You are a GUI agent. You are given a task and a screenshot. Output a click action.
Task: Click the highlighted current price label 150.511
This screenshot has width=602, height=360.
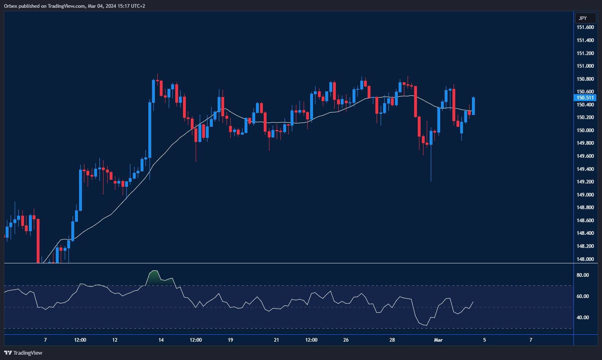(585, 98)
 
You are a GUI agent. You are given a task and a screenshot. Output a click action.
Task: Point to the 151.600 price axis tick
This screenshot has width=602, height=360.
(585, 27)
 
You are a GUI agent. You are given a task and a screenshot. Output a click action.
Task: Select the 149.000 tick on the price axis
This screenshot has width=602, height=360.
(585, 194)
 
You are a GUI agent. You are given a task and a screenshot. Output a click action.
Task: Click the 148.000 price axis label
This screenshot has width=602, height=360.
(585, 259)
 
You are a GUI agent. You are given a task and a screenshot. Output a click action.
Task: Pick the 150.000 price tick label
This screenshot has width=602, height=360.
(585, 130)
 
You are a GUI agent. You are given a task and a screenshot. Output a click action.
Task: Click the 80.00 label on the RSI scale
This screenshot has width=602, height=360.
(582, 275)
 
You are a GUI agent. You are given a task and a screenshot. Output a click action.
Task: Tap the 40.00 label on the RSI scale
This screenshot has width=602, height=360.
(582, 318)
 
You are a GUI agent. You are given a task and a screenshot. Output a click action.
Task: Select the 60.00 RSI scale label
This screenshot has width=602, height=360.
(582, 296)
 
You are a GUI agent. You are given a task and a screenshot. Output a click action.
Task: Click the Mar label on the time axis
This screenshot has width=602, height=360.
(438, 340)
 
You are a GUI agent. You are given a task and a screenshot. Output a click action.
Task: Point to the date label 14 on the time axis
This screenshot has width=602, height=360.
(161, 340)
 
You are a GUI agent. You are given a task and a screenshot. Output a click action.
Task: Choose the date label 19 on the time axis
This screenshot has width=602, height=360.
(230, 340)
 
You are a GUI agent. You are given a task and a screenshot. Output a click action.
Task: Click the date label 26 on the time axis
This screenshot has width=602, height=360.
(346, 340)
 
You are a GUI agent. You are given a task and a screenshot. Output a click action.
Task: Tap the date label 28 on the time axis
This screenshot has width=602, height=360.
(392, 340)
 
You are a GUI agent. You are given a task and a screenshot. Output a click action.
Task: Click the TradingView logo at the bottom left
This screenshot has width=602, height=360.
(23, 353)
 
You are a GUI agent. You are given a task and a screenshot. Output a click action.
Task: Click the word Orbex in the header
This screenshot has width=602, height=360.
(11, 6)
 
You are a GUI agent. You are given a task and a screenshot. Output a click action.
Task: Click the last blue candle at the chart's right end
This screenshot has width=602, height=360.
(473, 106)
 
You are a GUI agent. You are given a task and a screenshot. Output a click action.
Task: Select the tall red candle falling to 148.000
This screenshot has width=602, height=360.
(38, 241)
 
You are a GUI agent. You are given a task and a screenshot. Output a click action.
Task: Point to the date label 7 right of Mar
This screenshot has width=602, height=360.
(531, 340)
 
